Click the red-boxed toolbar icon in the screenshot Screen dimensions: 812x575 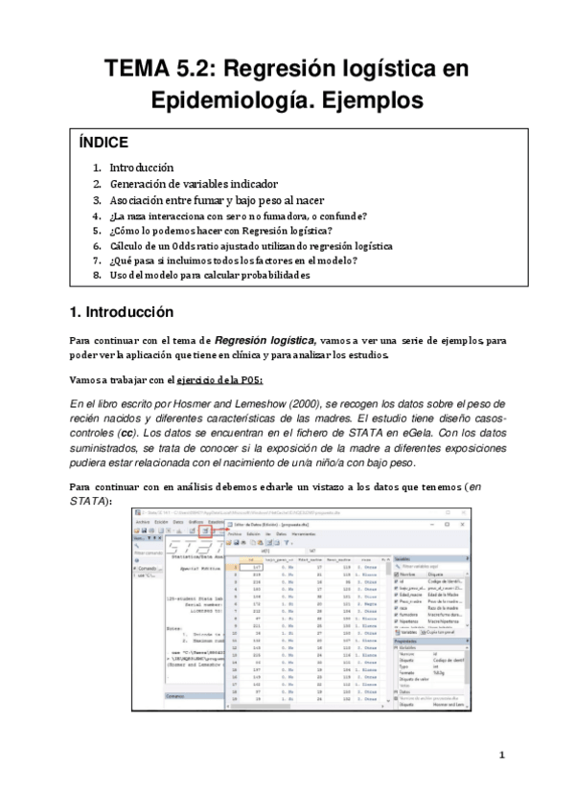click(x=205, y=530)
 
